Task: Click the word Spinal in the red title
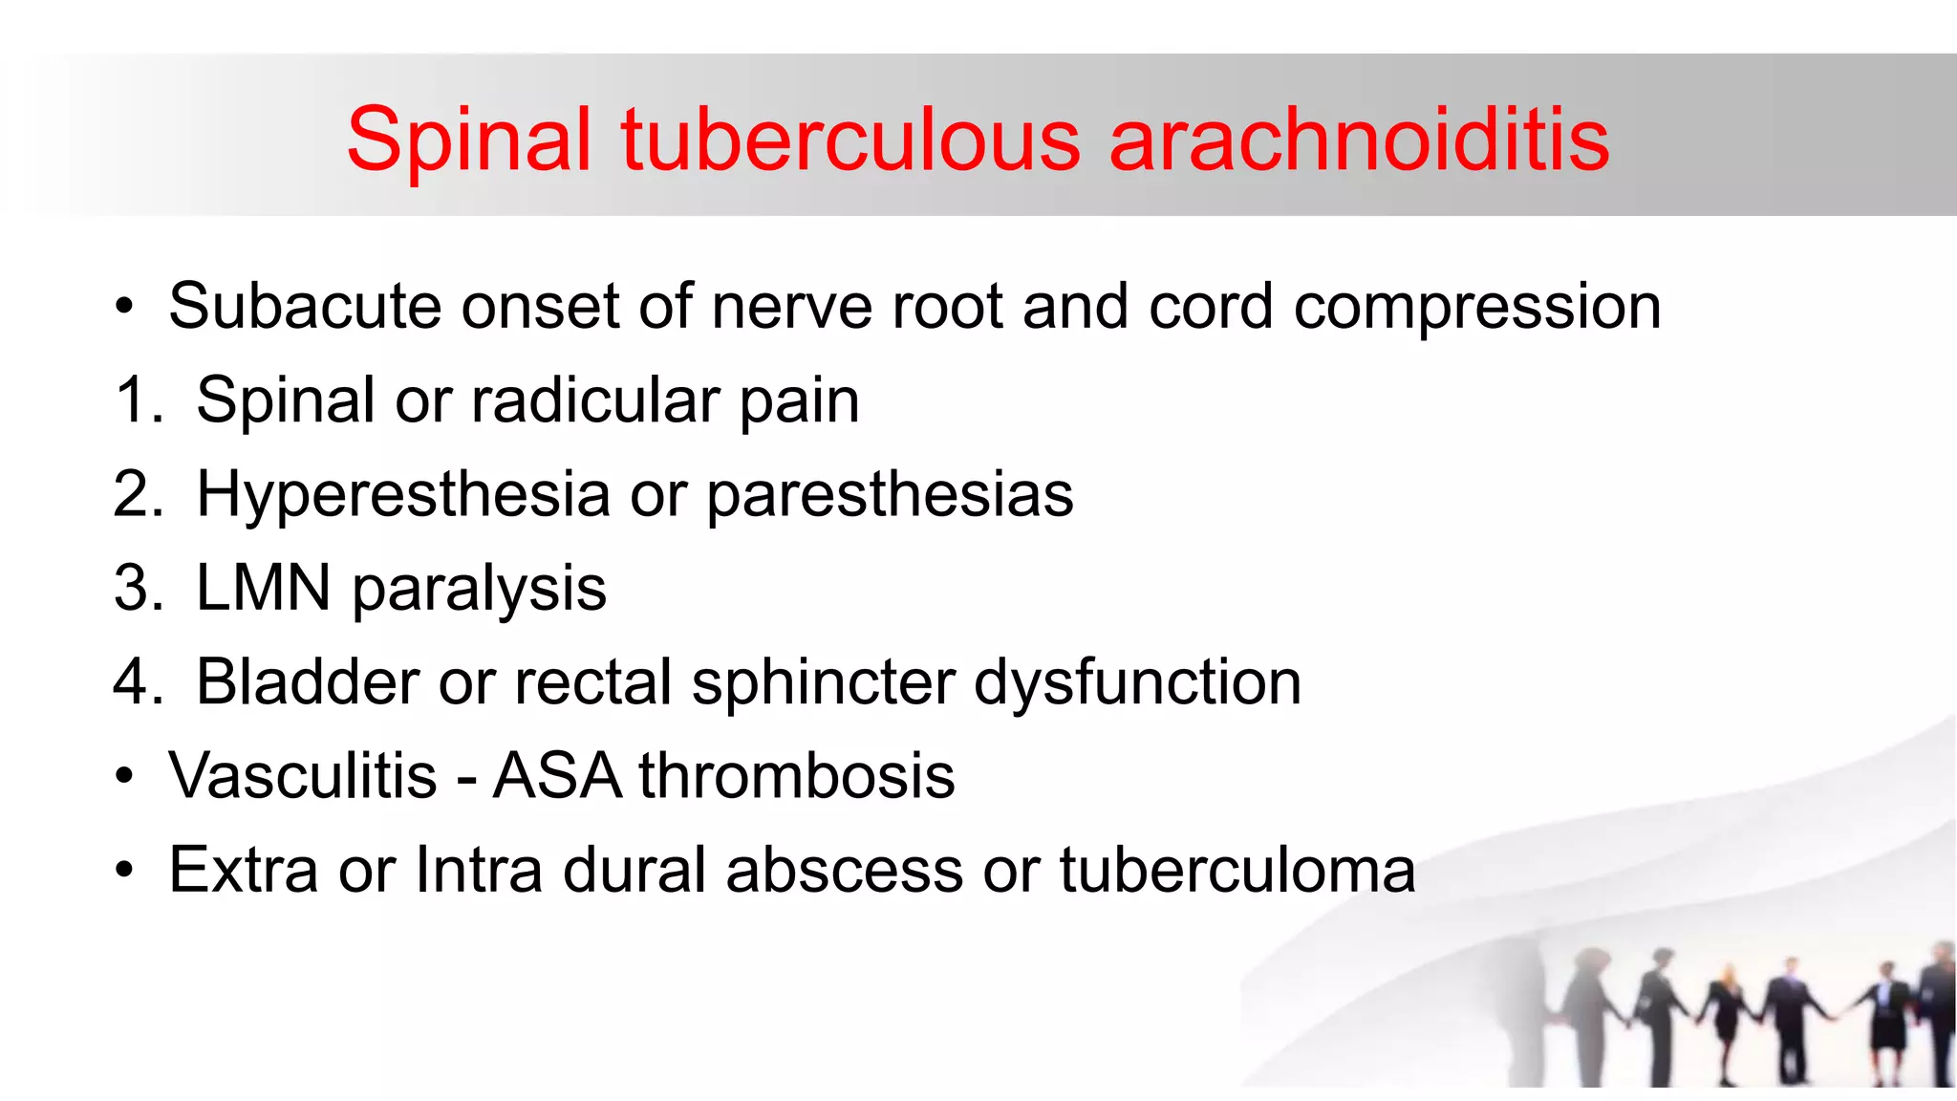click(x=469, y=140)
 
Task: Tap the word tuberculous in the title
click(x=850, y=140)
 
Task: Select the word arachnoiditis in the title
click(x=1359, y=140)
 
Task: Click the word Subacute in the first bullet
click(x=305, y=307)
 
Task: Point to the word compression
click(x=1476, y=309)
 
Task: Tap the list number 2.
click(x=137, y=494)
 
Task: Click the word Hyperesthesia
click(x=402, y=495)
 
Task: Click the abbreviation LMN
click(x=263, y=588)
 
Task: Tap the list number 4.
click(x=137, y=682)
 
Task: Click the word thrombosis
click(x=796, y=775)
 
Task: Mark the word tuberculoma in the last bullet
click(x=1237, y=870)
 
